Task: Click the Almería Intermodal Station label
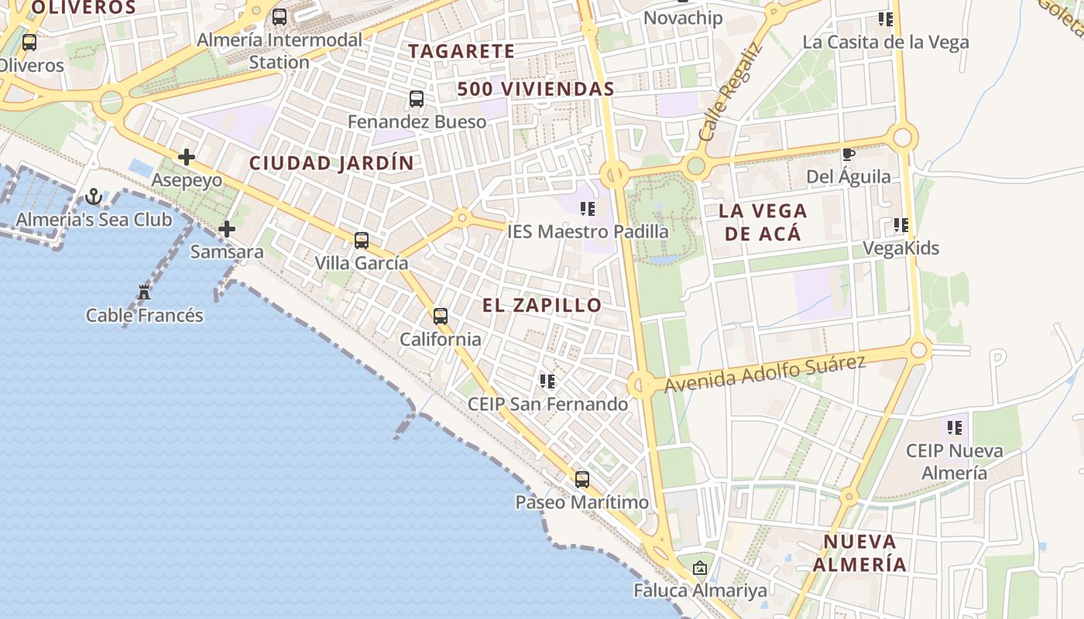280,50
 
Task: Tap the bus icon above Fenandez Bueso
417,99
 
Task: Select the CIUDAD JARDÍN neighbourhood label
331,163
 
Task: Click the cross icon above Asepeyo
187,157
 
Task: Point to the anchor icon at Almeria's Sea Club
94,197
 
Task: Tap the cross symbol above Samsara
227,229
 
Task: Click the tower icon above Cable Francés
144,292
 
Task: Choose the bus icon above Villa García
362,241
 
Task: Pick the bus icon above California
441,316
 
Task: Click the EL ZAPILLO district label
542,305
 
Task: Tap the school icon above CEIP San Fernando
547,381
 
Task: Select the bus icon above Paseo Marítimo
582,480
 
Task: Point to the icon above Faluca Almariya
700,568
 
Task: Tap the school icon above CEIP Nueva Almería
955,427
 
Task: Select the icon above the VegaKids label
900,225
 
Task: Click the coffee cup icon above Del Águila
848,154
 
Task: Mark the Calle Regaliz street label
730,91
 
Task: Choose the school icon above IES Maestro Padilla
588,208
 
